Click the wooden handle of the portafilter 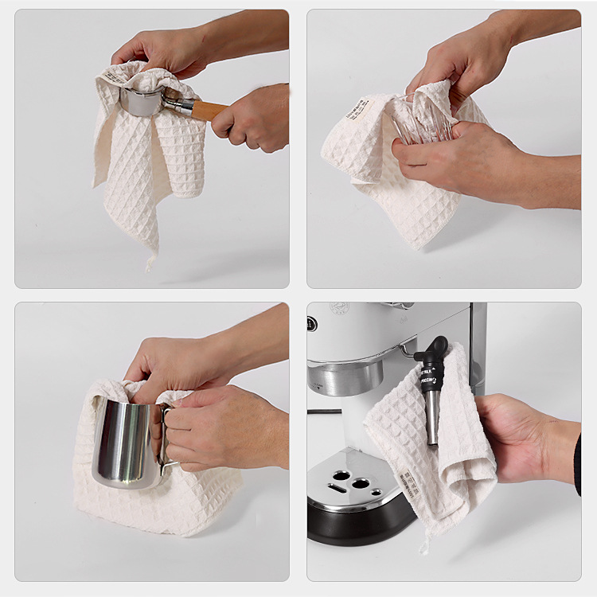click(x=209, y=111)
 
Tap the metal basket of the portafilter click(x=142, y=102)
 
